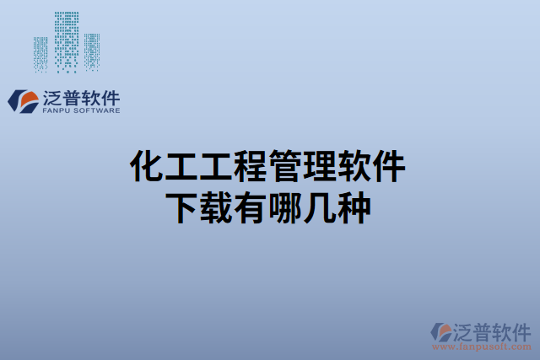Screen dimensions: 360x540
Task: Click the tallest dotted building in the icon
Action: pos(67,40)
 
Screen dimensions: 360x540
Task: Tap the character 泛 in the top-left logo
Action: pos(51,96)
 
